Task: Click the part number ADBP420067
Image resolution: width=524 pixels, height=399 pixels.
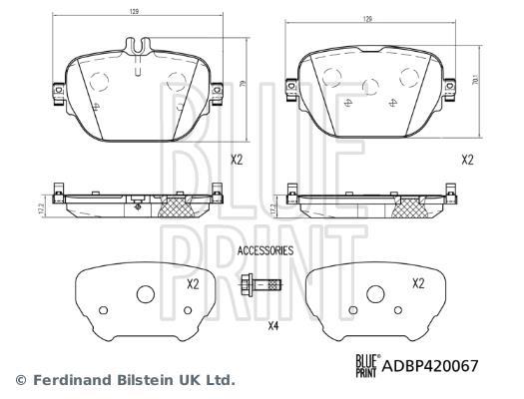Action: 430,366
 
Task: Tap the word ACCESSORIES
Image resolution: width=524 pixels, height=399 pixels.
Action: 265,250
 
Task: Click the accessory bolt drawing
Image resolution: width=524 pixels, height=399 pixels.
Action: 262,285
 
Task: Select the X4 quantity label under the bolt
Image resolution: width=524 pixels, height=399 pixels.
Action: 273,326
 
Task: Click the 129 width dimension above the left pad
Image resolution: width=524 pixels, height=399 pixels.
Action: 135,12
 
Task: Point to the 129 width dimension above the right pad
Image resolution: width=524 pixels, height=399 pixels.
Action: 367,19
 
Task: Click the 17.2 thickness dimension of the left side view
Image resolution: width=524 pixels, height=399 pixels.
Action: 41,208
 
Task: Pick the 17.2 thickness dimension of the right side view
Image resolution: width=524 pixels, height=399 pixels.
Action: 273,209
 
